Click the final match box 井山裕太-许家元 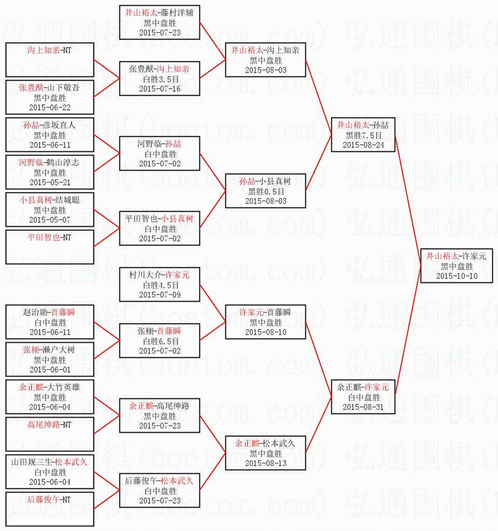[x=456, y=266]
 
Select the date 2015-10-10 [x=456, y=276]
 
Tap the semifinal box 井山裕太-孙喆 [x=364, y=135]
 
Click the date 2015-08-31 [x=364, y=407]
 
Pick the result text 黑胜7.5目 [x=364, y=135]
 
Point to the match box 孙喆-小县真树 [x=265, y=191]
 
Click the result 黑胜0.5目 [x=265, y=191]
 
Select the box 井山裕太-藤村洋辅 [x=159, y=22]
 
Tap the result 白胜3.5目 [x=159, y=79]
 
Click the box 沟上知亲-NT [x=50, y=60]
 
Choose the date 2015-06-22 [x=50, y=108]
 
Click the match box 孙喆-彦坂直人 [x=50, y=135]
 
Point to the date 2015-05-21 [x=50, y=183]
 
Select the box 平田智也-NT [x=50, y=247]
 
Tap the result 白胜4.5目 [x=159, y=285]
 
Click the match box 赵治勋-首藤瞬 [x=50, y=322]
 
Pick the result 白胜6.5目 [x=159, y=341]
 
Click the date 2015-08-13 [x=265, y=463]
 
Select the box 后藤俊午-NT [x=50, y=509]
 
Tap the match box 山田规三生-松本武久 [x=50, y=472]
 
